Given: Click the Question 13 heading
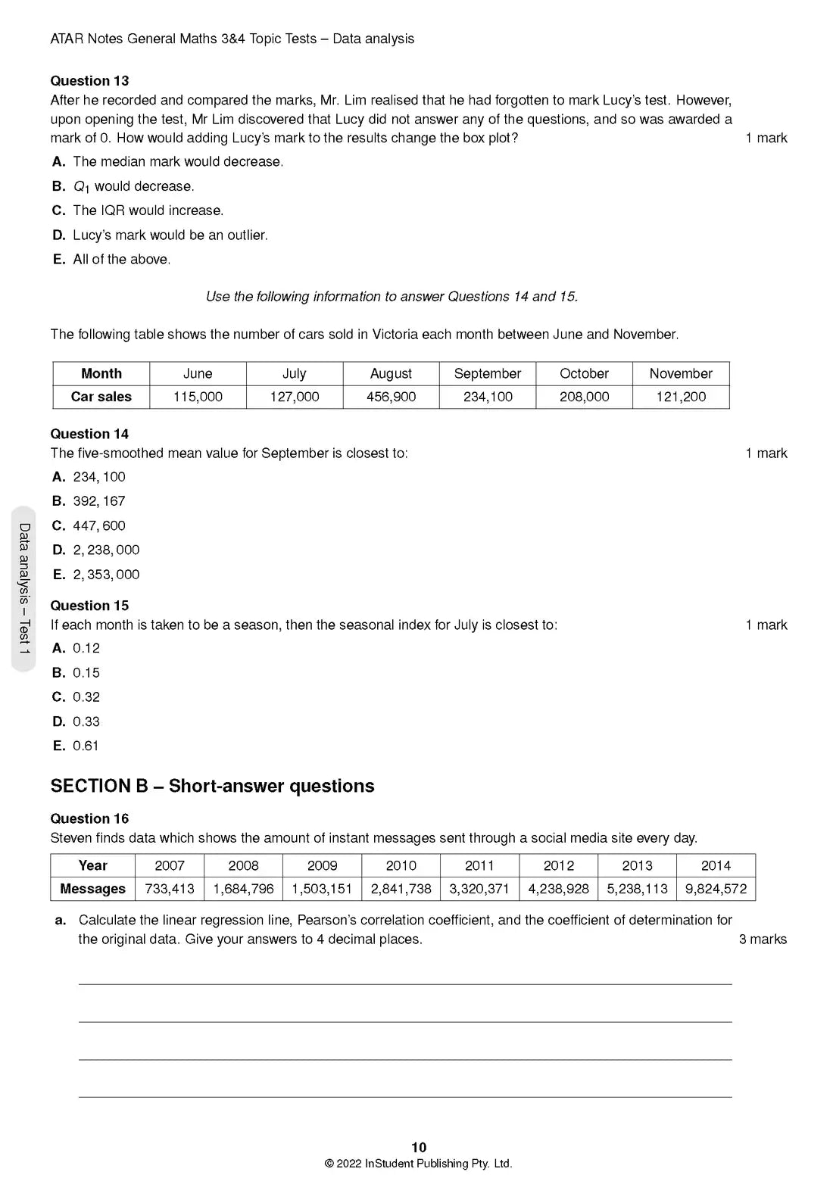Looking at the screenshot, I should pos(89,81).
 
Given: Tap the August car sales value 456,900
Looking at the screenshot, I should pos(391,397).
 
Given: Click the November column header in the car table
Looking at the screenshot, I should pos(680,373).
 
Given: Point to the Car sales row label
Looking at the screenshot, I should pos(101,397).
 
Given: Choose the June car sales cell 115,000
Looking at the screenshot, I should pos(198,397).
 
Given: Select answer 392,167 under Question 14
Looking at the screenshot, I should pos(98,501).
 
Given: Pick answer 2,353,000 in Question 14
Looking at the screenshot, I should pos(106,575).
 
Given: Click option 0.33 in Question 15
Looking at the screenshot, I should pos(86,721).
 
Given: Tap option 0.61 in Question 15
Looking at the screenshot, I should pos(86,746).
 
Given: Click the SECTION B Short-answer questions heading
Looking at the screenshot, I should pos(212,786).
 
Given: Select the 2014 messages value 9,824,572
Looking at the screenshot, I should pos(716,889).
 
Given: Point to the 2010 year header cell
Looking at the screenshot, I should pos(401,865).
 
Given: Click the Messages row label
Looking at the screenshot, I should pos(92,889).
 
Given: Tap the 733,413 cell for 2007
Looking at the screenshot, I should pos(169,889).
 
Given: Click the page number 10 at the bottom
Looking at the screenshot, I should pos(418,1147).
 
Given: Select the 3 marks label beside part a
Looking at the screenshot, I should pos(763,940).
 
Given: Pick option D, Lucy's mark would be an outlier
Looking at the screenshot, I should pos(170,235).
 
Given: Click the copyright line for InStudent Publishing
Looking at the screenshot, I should pos(418,1164).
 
